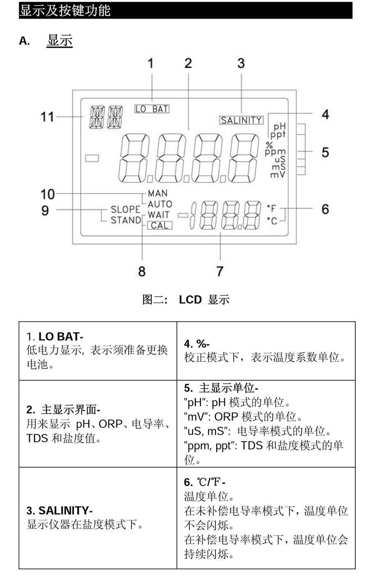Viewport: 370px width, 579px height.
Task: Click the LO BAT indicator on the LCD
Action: pyautogui.click(x=152, y=109)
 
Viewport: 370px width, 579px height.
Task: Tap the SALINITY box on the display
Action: pyautogui.click(x=241, y=120)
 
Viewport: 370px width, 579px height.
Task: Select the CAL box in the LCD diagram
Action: pyautogui.click(x=160, y=225)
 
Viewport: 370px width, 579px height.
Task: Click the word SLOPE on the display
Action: pyautogui.click(x=126, y=209)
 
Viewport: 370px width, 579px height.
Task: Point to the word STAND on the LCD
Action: pyautogui.click(x=126, y=220)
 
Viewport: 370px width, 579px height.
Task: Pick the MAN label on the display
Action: pyautogui.click(x=158, y=193)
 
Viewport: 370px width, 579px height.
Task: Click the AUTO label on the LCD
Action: pyautogui.click(x=160, y=204)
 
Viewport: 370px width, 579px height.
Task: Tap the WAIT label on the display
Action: pyautogui.click(x=159, y=214)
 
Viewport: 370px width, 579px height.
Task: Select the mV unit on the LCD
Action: pyautogui.click(x=277, y=174)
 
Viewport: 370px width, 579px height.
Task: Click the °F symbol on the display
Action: pyautogui.click(x=272, y=209)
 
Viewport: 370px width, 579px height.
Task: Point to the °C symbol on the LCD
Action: pyautogui.click(x=272, y=221)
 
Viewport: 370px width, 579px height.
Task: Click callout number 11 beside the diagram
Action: pyautogui.click(x=47, y=117)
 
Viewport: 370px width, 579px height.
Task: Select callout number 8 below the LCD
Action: pyautogui.click(x=142, y=271)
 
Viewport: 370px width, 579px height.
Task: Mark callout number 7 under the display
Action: pyautogui.click(x=220, y=271)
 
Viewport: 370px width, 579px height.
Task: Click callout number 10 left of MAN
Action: pyautogui.click(x=47, y=194)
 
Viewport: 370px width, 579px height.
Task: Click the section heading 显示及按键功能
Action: pyautogui.click(x=65, y=10)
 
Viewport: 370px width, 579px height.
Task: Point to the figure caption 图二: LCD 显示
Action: pyautogui.click(x=185, y=300)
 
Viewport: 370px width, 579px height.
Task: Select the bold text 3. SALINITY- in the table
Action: pyautogui.click(x=60, y=510)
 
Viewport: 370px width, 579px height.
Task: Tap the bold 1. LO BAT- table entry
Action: pyautogui.click(x=55, y=336)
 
